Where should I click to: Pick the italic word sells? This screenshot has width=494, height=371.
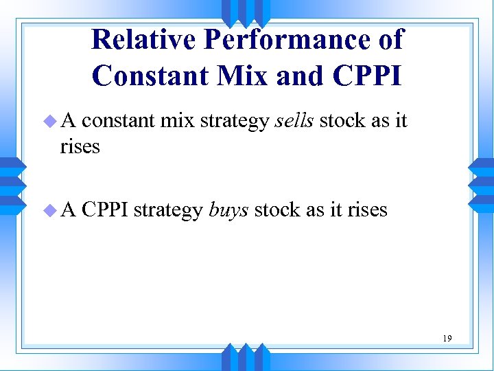coord(294,122)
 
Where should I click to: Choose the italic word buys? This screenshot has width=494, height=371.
coord(228,210)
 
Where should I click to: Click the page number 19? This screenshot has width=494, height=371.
coord(447,338)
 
